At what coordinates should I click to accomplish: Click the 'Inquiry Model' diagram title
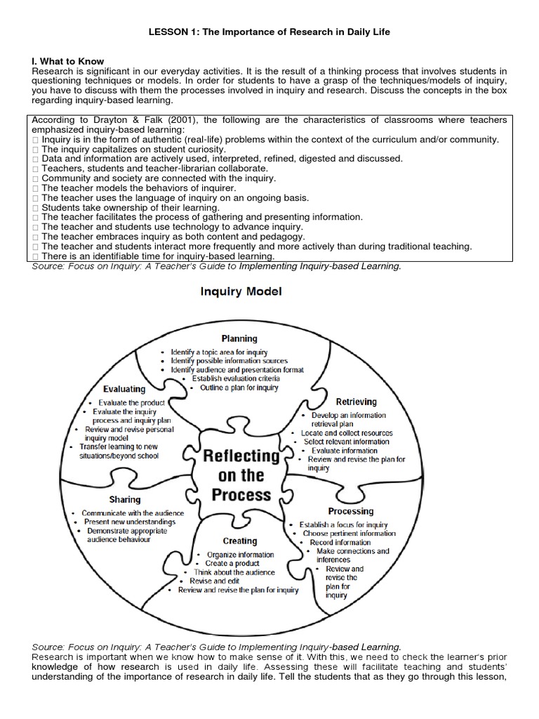tap(240, 291)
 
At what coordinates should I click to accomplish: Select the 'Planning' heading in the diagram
tap(239, 338)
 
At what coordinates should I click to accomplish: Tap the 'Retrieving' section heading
tap(356, 402)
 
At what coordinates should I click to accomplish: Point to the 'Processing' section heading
tap(350, 511)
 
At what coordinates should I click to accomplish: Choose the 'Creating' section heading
tap(240, 541)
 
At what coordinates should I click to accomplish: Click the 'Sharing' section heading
tap(124, 499)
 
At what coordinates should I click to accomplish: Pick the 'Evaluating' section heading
tap(124, 388)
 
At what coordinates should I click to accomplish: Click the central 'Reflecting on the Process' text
tap(241, 475)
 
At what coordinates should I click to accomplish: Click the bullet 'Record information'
tap(340, 543)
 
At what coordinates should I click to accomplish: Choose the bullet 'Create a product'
tap(232, 563)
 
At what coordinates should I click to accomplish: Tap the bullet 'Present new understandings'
tap(130, 522)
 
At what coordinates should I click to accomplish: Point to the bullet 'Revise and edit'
tap(214, 581)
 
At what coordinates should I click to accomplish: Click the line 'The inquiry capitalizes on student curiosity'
tap(133, 150)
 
